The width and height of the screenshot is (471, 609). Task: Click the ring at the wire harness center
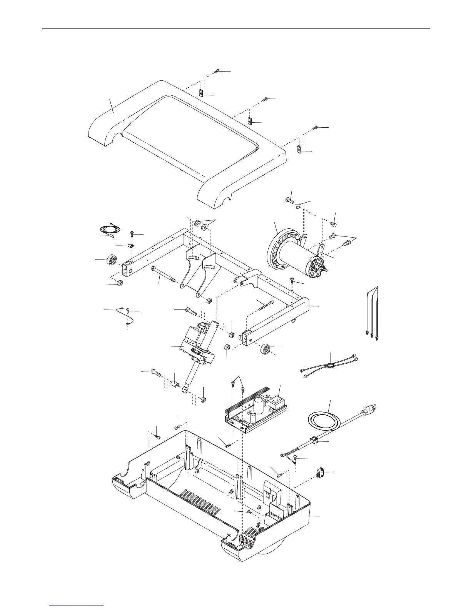click(x=330, y=366)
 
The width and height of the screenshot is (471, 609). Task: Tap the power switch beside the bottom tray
click(x=320, y=472)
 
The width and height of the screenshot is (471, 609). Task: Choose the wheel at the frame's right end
click(x=266, y=349)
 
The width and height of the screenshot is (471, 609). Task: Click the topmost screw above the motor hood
click(x=217, y=71)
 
